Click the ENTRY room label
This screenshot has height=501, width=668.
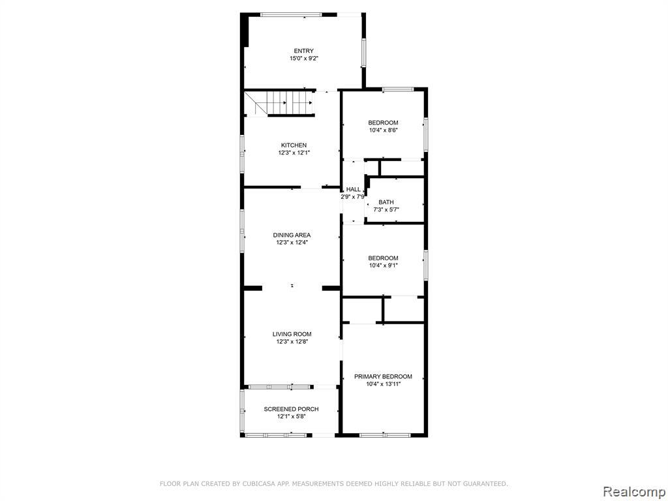(x=304, y=51)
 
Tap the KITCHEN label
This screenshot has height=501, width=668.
(x=294, y=145)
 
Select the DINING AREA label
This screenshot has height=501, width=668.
(x=292, y=235)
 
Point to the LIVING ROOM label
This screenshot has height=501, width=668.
(x=292, y=335)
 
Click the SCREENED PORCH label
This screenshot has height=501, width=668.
(x=292, y=410)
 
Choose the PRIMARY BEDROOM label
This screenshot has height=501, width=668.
(x=384, y=376)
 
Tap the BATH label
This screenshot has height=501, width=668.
(x=386, y=202)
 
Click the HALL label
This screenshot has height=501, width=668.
(x=353, y=190)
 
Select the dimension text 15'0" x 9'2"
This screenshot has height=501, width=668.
(x=304, y=58)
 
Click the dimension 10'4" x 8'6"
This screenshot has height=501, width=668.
(x=384, y=130)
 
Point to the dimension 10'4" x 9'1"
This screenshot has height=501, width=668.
(x=384, y=266)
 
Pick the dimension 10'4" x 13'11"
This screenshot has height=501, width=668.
(x=384, y=384)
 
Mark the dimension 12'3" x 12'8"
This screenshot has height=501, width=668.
(x=292, y=342)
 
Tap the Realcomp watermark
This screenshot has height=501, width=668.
(x=634, y=491)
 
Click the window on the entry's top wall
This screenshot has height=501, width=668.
(x=291, y=14)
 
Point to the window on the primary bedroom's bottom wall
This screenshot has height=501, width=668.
(x=385, y=435)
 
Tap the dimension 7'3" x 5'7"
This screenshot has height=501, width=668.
(x=386, y=209)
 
